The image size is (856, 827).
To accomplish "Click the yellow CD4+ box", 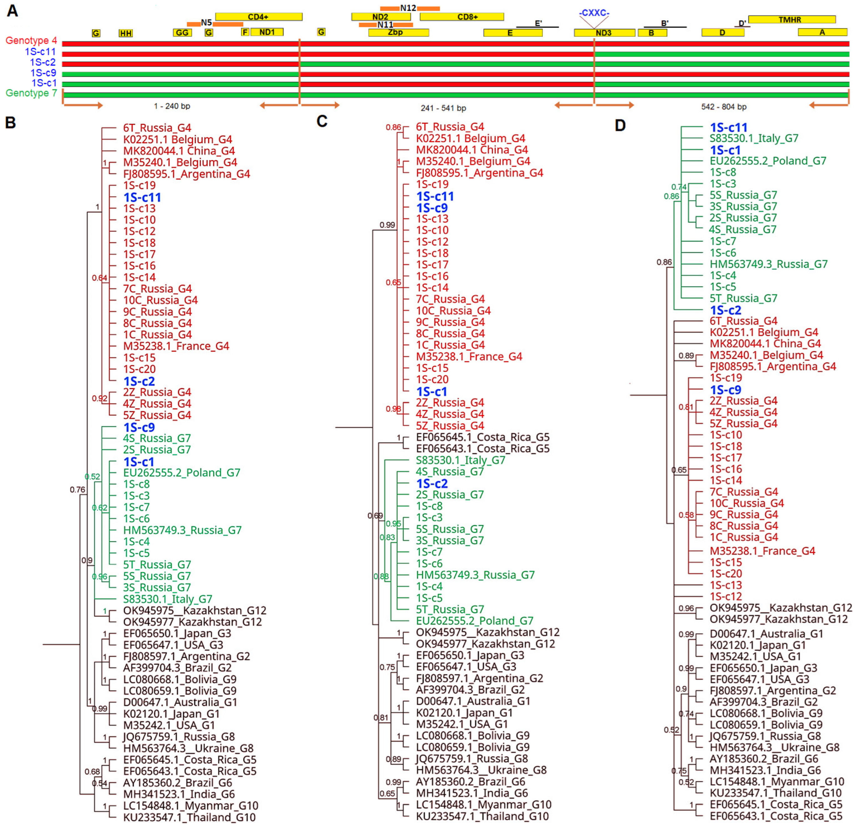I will (259, 17).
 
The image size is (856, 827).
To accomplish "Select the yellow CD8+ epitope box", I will (462, 17).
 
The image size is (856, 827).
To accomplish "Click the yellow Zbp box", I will (398, 32).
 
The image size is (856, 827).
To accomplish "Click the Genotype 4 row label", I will (31, 41).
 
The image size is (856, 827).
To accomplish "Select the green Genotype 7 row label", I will (31, 93).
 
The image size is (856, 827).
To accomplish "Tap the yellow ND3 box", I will (604, 33).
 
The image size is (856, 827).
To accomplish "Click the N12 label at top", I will (408, 8).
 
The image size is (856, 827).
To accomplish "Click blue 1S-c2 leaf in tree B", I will (139, 381).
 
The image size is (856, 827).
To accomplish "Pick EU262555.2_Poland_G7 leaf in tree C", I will (474, 621).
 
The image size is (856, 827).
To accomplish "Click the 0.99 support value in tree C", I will (387, 225).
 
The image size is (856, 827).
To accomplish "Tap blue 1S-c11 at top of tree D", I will (728, 128).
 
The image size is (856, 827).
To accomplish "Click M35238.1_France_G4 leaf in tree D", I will (762, 551).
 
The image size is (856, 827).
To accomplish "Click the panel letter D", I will (620, 126).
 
